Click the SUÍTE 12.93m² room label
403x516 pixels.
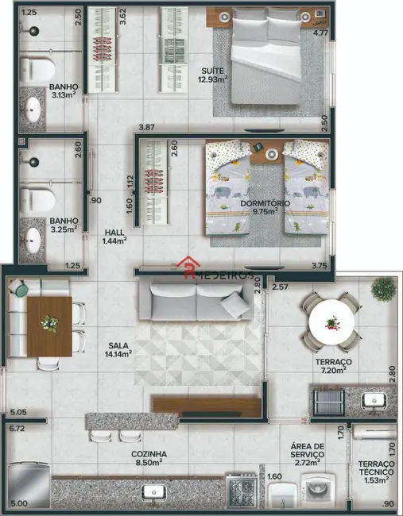pyautogui.click(x=214, y=75)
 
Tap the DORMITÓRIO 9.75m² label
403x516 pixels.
pyautogui.click(x=265, y=208)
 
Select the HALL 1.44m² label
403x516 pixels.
pyautogui.click(x=115, y=235)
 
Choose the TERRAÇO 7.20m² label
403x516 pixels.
pyautogui.click(x=333, y=366)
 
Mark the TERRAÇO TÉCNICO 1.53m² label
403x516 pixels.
pyautogui.click(x=374, y=472)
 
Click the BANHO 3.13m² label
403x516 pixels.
pyautogui.click(x=62, y=92)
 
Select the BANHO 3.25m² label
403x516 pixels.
pyautogui.click(x=63, y=225)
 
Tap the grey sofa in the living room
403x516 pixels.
pyautogui.click(x=194, y=301)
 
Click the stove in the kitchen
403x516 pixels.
pyautogui.click(x=240, y=491)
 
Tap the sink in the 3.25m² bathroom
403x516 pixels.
pyautogui.click(x=33, y=238)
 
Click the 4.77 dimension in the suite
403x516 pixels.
pyautogui.click(x=320, y=33)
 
